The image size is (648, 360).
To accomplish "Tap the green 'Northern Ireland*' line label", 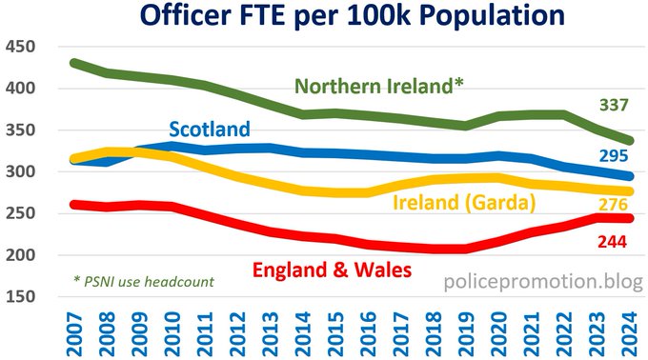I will coord(379,86).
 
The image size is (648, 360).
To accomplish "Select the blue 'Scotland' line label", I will coord(210,129).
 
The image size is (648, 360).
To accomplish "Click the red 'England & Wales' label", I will coord(331,270).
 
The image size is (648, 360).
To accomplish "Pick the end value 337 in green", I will coord(614,104).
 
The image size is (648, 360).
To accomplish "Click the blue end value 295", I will coord(614,155).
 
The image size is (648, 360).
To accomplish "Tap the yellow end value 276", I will coord(614,204).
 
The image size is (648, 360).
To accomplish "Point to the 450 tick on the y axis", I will coord(20,48).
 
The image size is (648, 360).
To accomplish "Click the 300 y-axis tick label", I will coord(20,172).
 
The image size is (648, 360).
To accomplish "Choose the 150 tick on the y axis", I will coord(20,297).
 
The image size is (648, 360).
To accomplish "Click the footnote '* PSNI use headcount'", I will coord(144,281).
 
